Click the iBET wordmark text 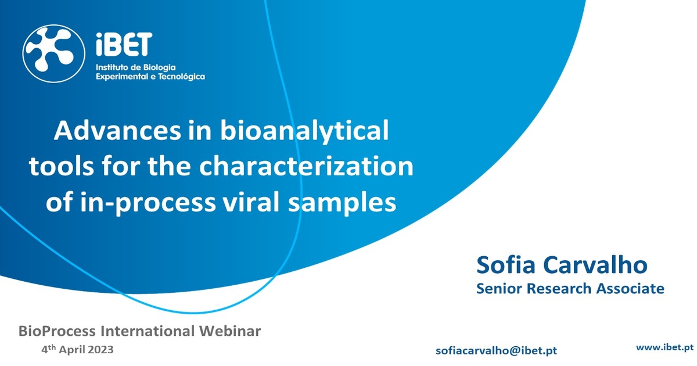(x=123, y=46)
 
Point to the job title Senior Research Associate (x=570, y=289)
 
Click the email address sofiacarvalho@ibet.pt (x=496, y=351)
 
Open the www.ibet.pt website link (x=665, y=347)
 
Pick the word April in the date (x=72, y=350)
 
